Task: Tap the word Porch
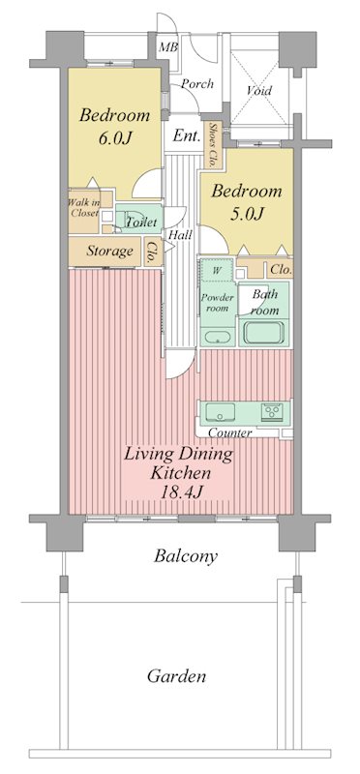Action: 196,84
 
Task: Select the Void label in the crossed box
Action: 258,91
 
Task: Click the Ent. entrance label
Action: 186,136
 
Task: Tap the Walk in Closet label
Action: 82,207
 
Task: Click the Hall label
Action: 179,235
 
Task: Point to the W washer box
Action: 216,272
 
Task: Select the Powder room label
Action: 217,303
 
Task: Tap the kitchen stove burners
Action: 273,409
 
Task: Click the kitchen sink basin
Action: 218,409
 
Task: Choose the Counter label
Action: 230,432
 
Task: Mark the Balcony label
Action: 185,556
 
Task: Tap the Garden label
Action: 176,676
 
